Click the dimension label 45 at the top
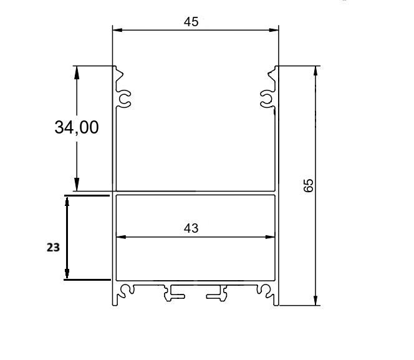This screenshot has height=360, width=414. pos(191,22)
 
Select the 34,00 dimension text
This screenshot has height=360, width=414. pos(77,127)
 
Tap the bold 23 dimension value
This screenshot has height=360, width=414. pos(53,248)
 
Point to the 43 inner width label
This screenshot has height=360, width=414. pos(191,228)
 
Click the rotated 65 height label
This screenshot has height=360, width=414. pos(309,185)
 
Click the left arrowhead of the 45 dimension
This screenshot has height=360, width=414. pos(117,30)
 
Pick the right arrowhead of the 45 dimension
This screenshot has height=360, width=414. pos(274,30)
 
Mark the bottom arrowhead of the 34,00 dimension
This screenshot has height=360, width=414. pos(77,184)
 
